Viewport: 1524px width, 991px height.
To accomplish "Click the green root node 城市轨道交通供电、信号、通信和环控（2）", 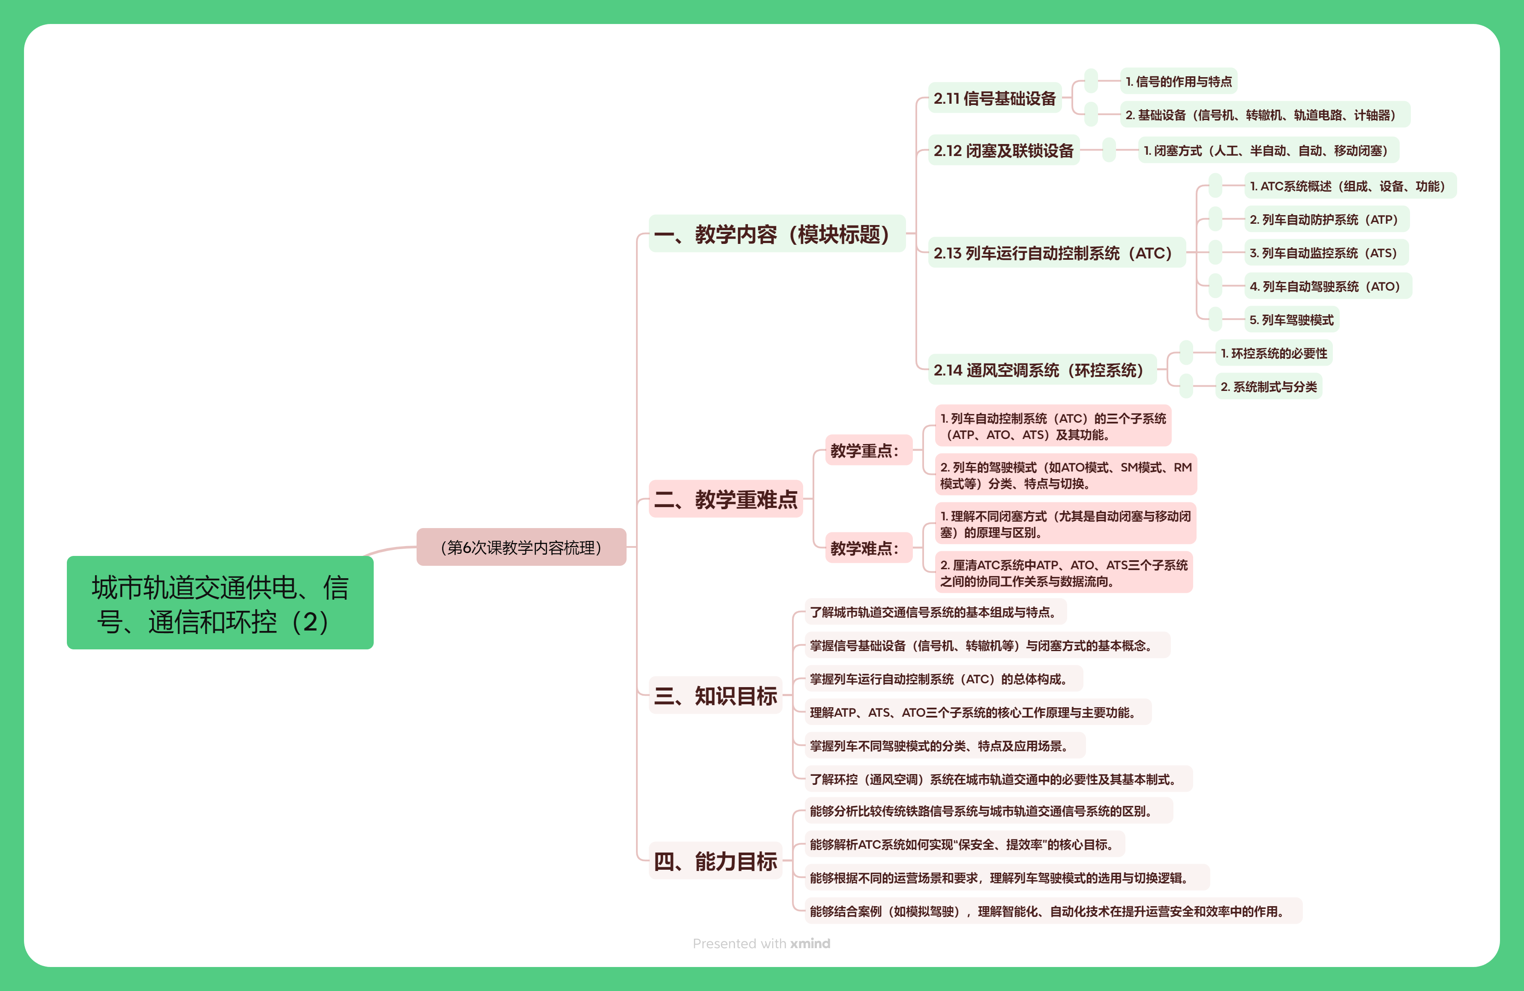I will point(219,603).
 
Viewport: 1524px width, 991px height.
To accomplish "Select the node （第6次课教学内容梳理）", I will point(521,547).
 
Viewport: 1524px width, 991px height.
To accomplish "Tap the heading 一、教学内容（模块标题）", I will point(776,234).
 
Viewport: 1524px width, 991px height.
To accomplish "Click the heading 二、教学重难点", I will point(726,499).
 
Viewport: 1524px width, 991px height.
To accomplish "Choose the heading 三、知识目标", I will point(715,695).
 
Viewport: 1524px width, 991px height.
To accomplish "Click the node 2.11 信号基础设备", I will point(994,98).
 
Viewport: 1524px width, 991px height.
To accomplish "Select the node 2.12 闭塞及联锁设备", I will point(1003,150).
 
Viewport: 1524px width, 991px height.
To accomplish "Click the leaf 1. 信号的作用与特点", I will point(1178,81).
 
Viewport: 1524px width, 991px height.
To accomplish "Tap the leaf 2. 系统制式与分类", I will point(1269,386).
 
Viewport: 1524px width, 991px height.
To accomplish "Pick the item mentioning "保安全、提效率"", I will point(964,844).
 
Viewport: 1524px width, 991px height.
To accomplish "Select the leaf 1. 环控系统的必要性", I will point(1274,353).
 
